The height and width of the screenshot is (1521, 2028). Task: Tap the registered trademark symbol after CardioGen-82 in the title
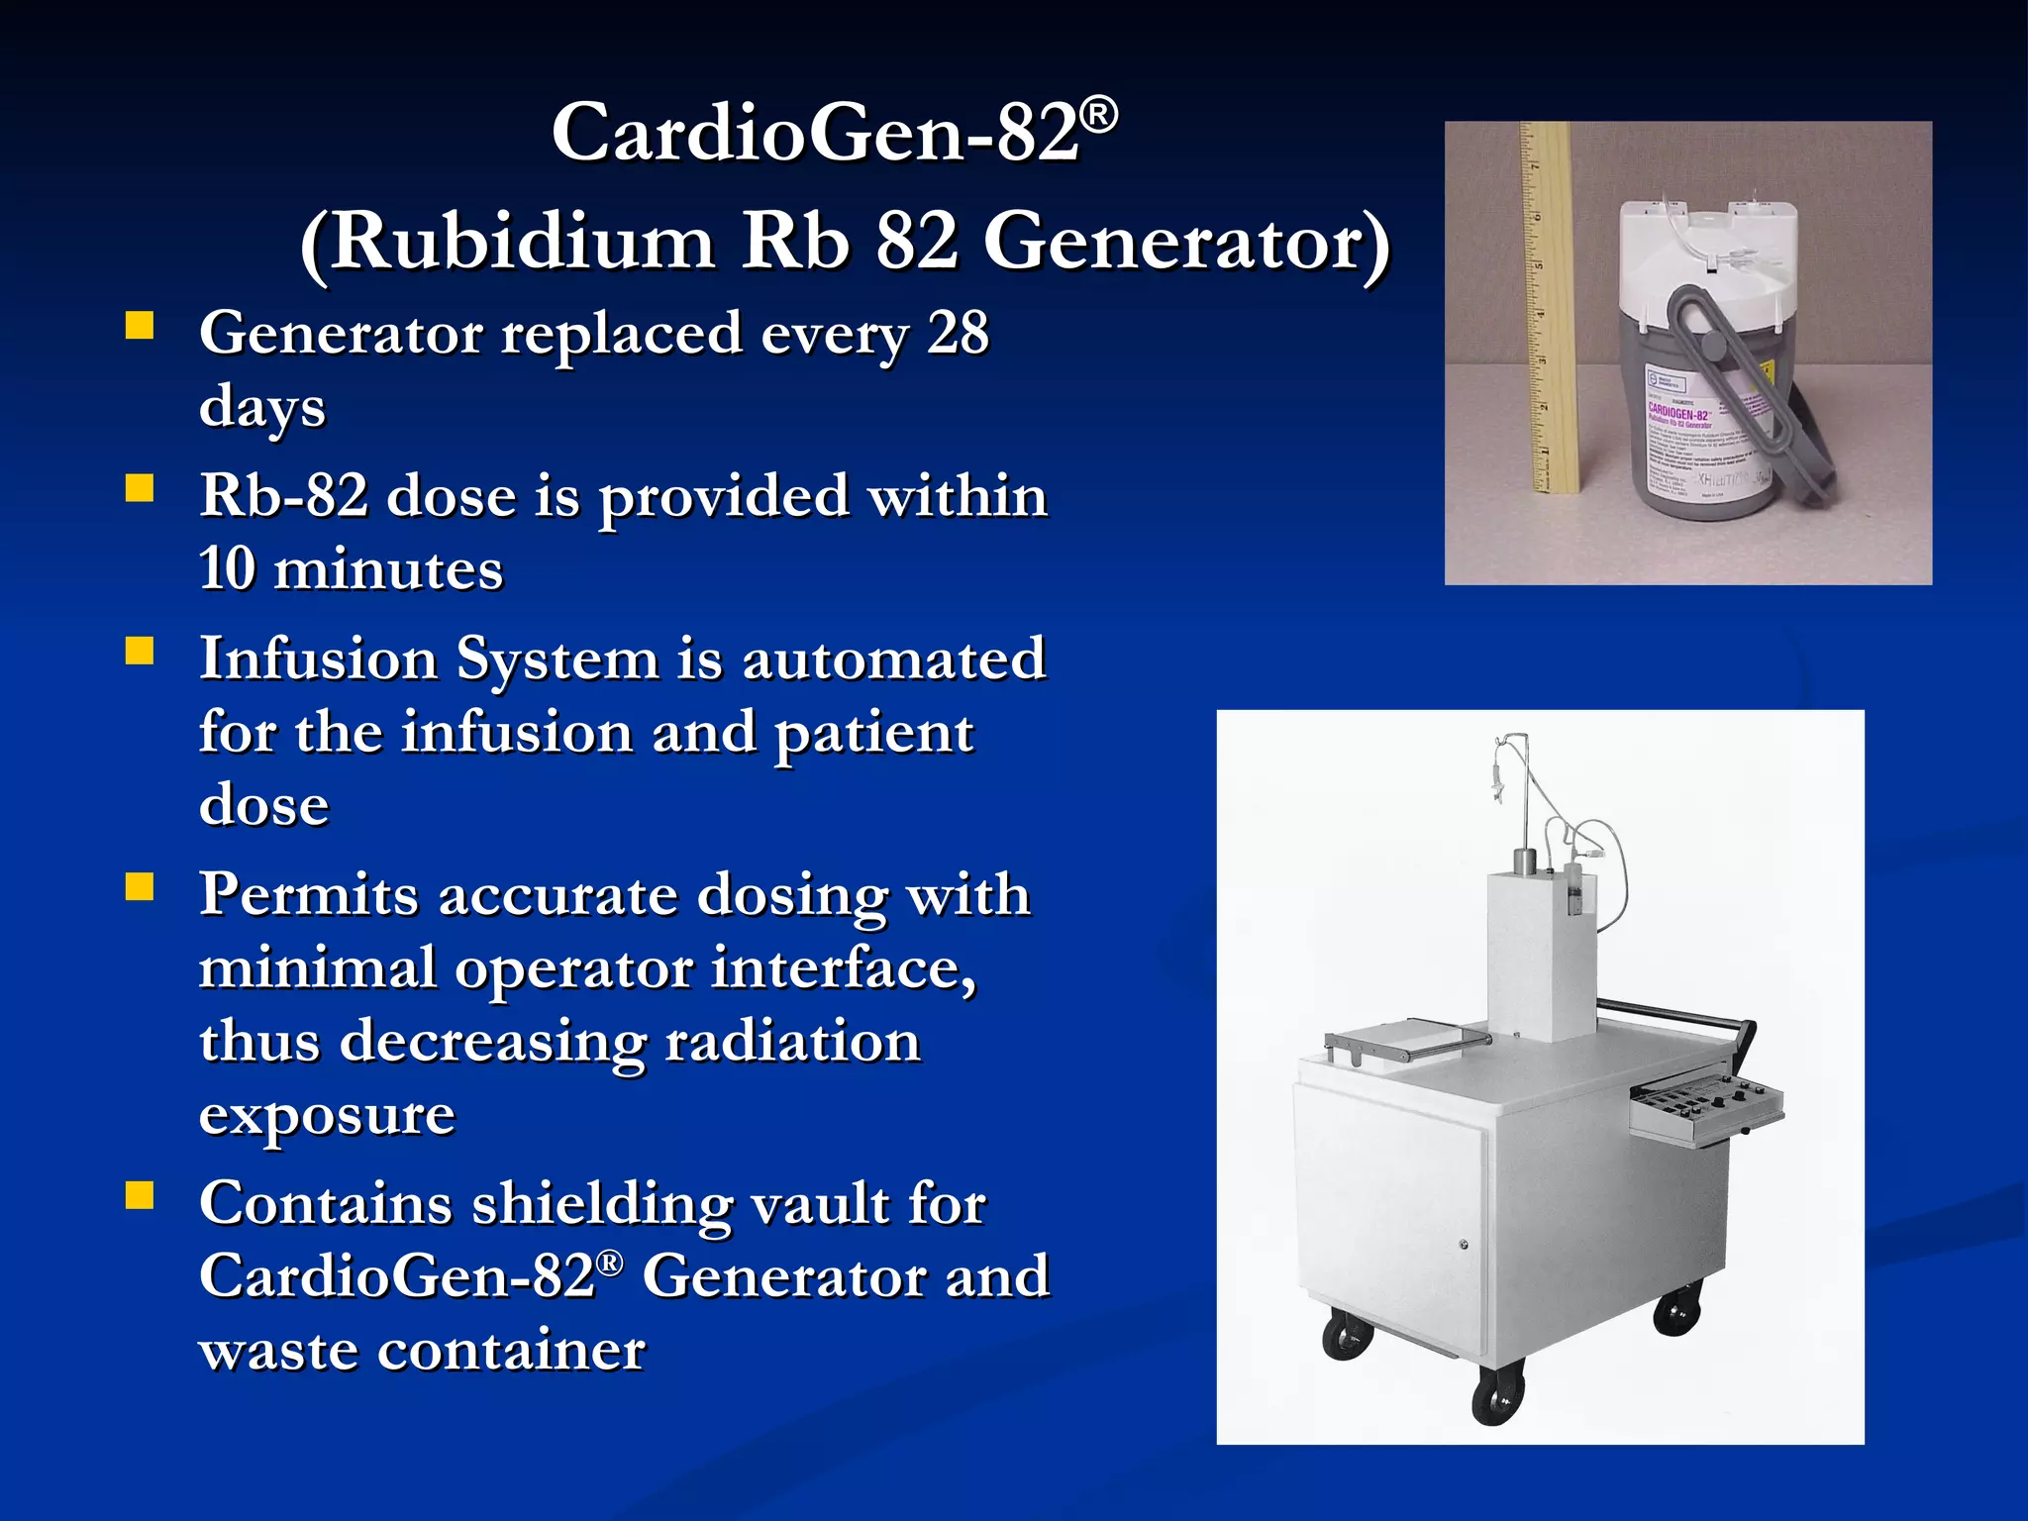point(1098,116)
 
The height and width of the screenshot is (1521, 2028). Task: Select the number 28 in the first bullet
point(957,333)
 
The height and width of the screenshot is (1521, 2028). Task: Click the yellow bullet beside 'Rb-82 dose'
point(140,488)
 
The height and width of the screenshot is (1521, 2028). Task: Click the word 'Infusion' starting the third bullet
point(318,659)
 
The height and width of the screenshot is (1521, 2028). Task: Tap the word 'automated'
point(893,659)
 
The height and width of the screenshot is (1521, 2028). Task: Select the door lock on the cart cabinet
point(1464,1245)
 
